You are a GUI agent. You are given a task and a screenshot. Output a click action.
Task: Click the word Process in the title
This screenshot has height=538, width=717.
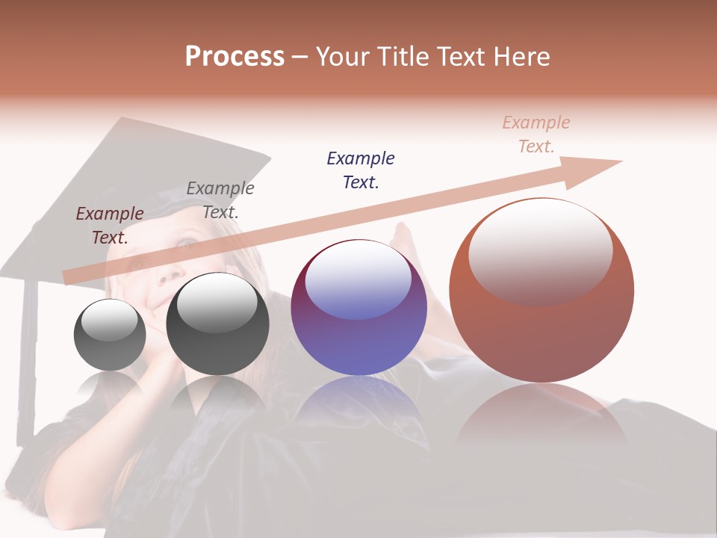click(235, 57)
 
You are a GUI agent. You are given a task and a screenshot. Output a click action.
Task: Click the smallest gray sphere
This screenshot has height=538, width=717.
click(110, 335)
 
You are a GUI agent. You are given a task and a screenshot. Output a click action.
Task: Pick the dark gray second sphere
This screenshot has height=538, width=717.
click(217, 324)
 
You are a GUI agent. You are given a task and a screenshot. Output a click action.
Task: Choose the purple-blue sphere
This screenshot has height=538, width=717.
click(358, 307)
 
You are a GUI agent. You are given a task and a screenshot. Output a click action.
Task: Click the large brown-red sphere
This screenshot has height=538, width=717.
click(541, 290)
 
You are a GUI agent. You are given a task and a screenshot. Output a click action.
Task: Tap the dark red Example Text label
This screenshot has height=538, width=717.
click(110, 225)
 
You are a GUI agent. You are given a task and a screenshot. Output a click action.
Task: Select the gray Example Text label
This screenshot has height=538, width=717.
click(220, 200)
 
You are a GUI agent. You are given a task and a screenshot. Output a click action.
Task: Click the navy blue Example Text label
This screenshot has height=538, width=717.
click(361, 170)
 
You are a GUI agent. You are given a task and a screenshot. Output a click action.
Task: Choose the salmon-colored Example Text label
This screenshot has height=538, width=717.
click(536, 134)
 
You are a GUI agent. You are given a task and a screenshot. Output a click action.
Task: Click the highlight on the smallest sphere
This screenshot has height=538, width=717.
click(110, 320)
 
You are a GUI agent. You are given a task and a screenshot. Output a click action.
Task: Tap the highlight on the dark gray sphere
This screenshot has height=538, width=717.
click(217, 303)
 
